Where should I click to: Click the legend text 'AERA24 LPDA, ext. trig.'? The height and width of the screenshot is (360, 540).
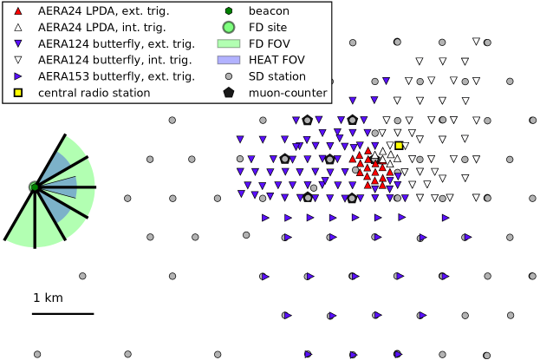coord(103,11)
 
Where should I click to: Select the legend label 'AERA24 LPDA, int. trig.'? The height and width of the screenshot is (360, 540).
coord(101,28)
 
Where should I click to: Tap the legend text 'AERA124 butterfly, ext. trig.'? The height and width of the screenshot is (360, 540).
coord(116,43)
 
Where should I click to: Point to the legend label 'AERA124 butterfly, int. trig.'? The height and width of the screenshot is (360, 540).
coord(114,60)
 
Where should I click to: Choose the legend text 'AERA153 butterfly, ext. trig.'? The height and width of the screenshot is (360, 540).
coord(116,76)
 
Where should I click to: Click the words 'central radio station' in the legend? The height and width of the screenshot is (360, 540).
coord(94,93)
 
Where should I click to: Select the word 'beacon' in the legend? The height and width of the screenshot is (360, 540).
coord(269,11)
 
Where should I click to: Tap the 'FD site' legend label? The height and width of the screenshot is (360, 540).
coord(267,28)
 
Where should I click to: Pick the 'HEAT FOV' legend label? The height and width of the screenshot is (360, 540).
coord(277,60)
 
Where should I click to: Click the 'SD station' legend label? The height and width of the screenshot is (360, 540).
coord(277,76)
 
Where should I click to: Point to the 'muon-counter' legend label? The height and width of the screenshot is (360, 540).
coord(288,93)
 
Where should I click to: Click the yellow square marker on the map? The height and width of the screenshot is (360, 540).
coord(399,145)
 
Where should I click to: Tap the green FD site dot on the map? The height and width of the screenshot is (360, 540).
coord(34,187)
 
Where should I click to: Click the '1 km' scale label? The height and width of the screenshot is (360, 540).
coord(48,298)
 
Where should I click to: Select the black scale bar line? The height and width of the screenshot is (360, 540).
coord(62,313)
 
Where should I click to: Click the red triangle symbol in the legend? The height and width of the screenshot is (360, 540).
coord(18,11)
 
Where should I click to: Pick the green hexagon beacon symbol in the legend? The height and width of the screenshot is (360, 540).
coord(228,11)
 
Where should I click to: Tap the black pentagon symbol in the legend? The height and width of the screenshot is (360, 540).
coord(228,93)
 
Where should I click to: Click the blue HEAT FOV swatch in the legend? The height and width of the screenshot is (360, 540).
coord(228,60)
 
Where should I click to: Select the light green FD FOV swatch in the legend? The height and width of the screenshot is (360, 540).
coord(228,43)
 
